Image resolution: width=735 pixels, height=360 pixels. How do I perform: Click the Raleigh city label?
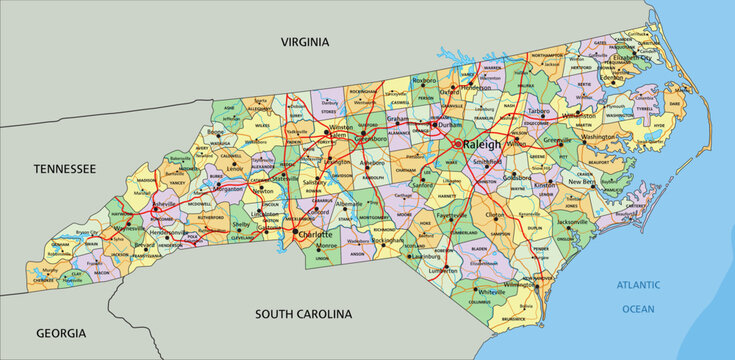483,144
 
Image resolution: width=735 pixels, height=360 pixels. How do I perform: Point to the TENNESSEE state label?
63,170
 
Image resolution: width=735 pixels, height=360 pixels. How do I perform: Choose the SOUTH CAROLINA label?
303,314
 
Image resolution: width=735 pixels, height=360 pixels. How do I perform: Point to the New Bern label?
583,182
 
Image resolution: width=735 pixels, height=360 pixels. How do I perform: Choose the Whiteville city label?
491,291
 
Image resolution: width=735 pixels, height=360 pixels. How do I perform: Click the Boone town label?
215,132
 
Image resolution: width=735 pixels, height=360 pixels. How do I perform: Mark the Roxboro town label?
426,78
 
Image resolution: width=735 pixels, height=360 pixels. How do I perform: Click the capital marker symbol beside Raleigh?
459,144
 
